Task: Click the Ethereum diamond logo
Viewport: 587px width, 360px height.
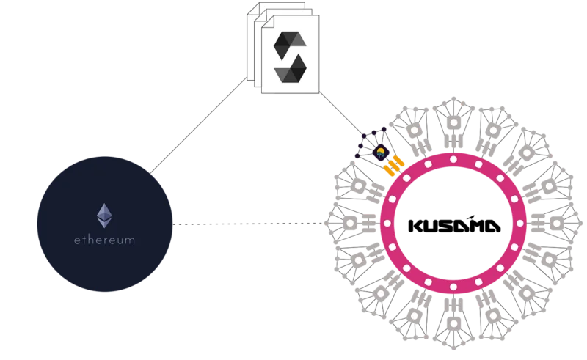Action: [104, 216]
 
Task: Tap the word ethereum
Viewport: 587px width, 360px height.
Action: [104, 240]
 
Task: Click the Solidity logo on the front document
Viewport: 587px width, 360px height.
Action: [290, 57]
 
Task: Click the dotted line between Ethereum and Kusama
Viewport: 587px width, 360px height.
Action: [250, 224]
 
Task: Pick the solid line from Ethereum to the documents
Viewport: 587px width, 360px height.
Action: [198, 125]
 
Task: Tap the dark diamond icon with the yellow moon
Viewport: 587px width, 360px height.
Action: [381, 153]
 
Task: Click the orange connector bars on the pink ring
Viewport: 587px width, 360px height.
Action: [394, 166]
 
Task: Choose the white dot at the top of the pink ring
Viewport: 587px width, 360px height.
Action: [453, 160]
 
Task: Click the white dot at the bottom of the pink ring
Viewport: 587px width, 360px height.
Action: [453, 287]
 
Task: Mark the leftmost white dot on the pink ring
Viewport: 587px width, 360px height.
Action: [387, 224]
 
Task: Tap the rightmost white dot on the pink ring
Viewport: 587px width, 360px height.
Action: [519, 224]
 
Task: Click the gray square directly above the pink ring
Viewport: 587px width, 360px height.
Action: [453, 122]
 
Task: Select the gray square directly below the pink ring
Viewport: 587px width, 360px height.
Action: [453, 323]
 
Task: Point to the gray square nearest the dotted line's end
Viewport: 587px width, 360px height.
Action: [350, 224]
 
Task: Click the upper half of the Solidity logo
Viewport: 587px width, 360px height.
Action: [290, 45]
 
